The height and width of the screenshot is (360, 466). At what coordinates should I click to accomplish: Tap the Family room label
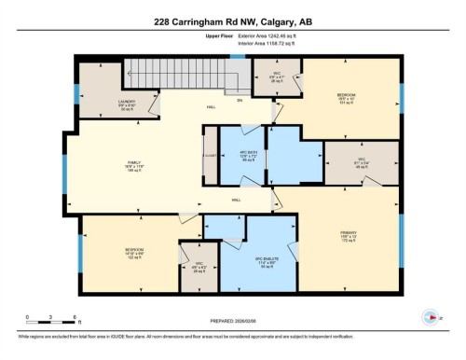[x=134, y=163]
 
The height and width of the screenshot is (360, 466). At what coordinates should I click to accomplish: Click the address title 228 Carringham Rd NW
[x=232, y=15]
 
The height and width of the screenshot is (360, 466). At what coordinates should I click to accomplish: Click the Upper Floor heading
[x=205, y=36]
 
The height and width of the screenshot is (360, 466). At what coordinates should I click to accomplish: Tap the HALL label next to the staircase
[x=211, y=107]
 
